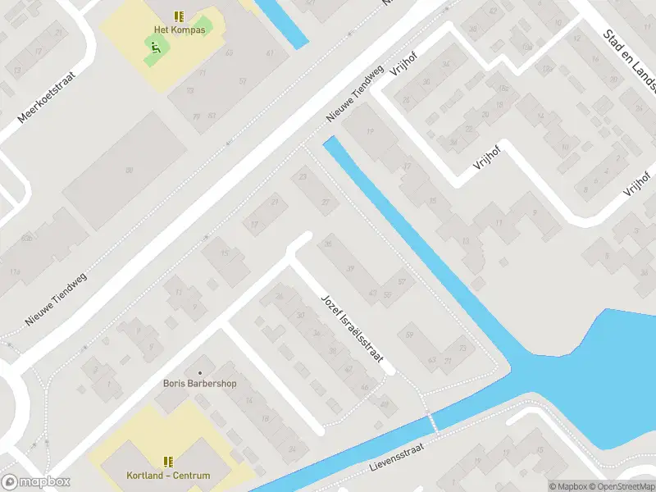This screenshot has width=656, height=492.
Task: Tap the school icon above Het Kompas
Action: coord(179,16)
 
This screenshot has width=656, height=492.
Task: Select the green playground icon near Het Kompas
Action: coord(153,48)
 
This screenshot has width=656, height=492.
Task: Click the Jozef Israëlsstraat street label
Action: coord(350,328)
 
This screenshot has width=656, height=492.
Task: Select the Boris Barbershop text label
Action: coord(199,383)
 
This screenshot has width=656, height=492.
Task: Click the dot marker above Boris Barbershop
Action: coord(199,371)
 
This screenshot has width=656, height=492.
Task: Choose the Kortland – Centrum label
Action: coord(168,476)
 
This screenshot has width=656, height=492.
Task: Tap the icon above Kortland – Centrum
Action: coord(168,462)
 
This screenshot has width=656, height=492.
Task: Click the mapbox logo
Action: coord(35,482)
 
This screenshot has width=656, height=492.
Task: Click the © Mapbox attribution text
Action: coord(567,485)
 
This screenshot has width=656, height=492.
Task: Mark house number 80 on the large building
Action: coord(129,170)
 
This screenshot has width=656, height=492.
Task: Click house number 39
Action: coord(350,269)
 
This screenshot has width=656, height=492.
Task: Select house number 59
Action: coord(409,334)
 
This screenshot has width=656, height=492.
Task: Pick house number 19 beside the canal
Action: coord(370,133)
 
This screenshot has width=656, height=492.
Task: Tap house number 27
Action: coord(326,202)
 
